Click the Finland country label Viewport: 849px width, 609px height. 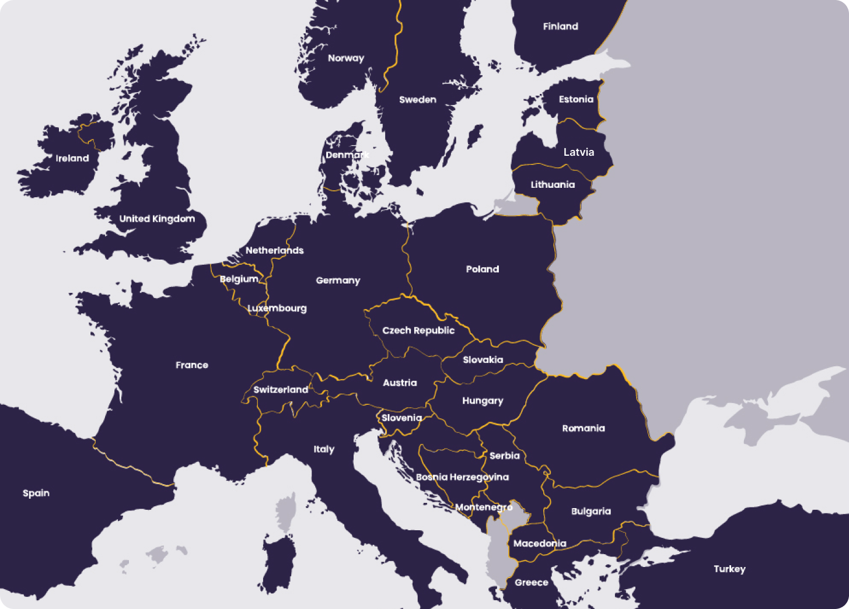click(560, 26)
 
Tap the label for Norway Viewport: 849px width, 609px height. click(345, 58)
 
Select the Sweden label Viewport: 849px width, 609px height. click(417, 100)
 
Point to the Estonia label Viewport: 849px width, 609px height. click(575, 99)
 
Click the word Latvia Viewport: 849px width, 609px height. click(578, 152)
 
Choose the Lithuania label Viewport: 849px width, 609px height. click(552, 185)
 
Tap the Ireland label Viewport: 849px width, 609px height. click(72, 158)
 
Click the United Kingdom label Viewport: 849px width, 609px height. click(157, 219)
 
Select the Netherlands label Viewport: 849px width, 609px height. click(274, 250)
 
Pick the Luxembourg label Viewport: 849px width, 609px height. click(277, 308)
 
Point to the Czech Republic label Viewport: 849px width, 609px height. click(418, 330)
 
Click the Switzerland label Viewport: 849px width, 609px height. click(280, 389)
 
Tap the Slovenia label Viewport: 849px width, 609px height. click(401, 418)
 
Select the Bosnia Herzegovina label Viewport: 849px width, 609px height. click(462, 477)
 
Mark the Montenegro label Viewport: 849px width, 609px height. click(483, 507)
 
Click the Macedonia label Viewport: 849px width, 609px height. click(539, 543)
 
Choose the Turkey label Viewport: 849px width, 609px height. click(729, 569)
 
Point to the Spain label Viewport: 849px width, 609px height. click(36, 493)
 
